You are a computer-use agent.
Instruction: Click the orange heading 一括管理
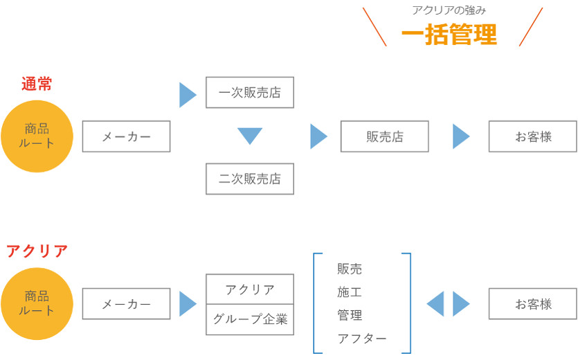[x=449, y=35]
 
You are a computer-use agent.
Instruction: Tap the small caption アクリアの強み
[x=449, y=10]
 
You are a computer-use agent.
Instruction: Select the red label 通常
[x=37, y=84]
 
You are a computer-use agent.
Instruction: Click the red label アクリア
[x=37, y=251]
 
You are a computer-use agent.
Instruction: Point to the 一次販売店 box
[x=250, y=93]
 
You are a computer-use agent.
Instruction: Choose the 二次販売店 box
[x=250, y=179]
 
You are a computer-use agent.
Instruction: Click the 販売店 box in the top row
[x=384, y=136]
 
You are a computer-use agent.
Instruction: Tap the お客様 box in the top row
[x=532, y=136]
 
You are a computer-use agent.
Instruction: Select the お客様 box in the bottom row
[x=532, y=304]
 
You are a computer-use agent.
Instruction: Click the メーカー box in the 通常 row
[x=126, y=136]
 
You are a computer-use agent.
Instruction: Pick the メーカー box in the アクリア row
[x=126, y=304]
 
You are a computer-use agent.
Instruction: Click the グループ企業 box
[x=250, y=320]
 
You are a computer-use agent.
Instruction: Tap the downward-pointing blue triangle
[x=250, y=136]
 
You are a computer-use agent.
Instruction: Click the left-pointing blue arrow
[x=435, y=304]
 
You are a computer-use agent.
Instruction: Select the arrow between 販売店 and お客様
[x=461, y=136]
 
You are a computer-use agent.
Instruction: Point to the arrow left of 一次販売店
[x=188, y=95]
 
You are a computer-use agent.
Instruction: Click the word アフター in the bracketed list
[x=361, y=339]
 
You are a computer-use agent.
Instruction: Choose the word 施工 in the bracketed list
[x=350, y=292]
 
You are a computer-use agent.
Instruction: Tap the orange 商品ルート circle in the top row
[x=37, y=136]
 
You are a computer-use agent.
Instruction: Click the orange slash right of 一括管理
[x=530, y=27]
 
